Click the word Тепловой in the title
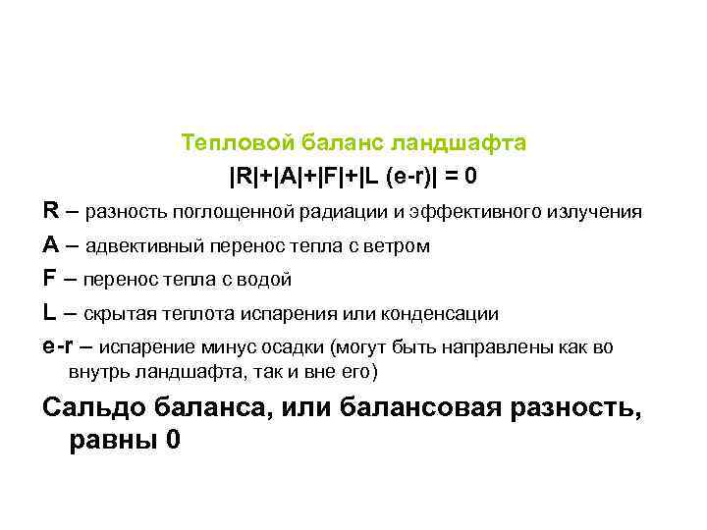[x=224, y=143]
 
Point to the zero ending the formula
[x=472, y=178]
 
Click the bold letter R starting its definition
[x=50, y=210]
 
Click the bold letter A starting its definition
[x=50, y=244]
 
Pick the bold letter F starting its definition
[x=49, y=279]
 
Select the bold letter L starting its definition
[x=49, y=313]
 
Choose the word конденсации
[x=445, y=314]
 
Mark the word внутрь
[x=97, y=373]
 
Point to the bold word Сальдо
[x=92, y=407]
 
